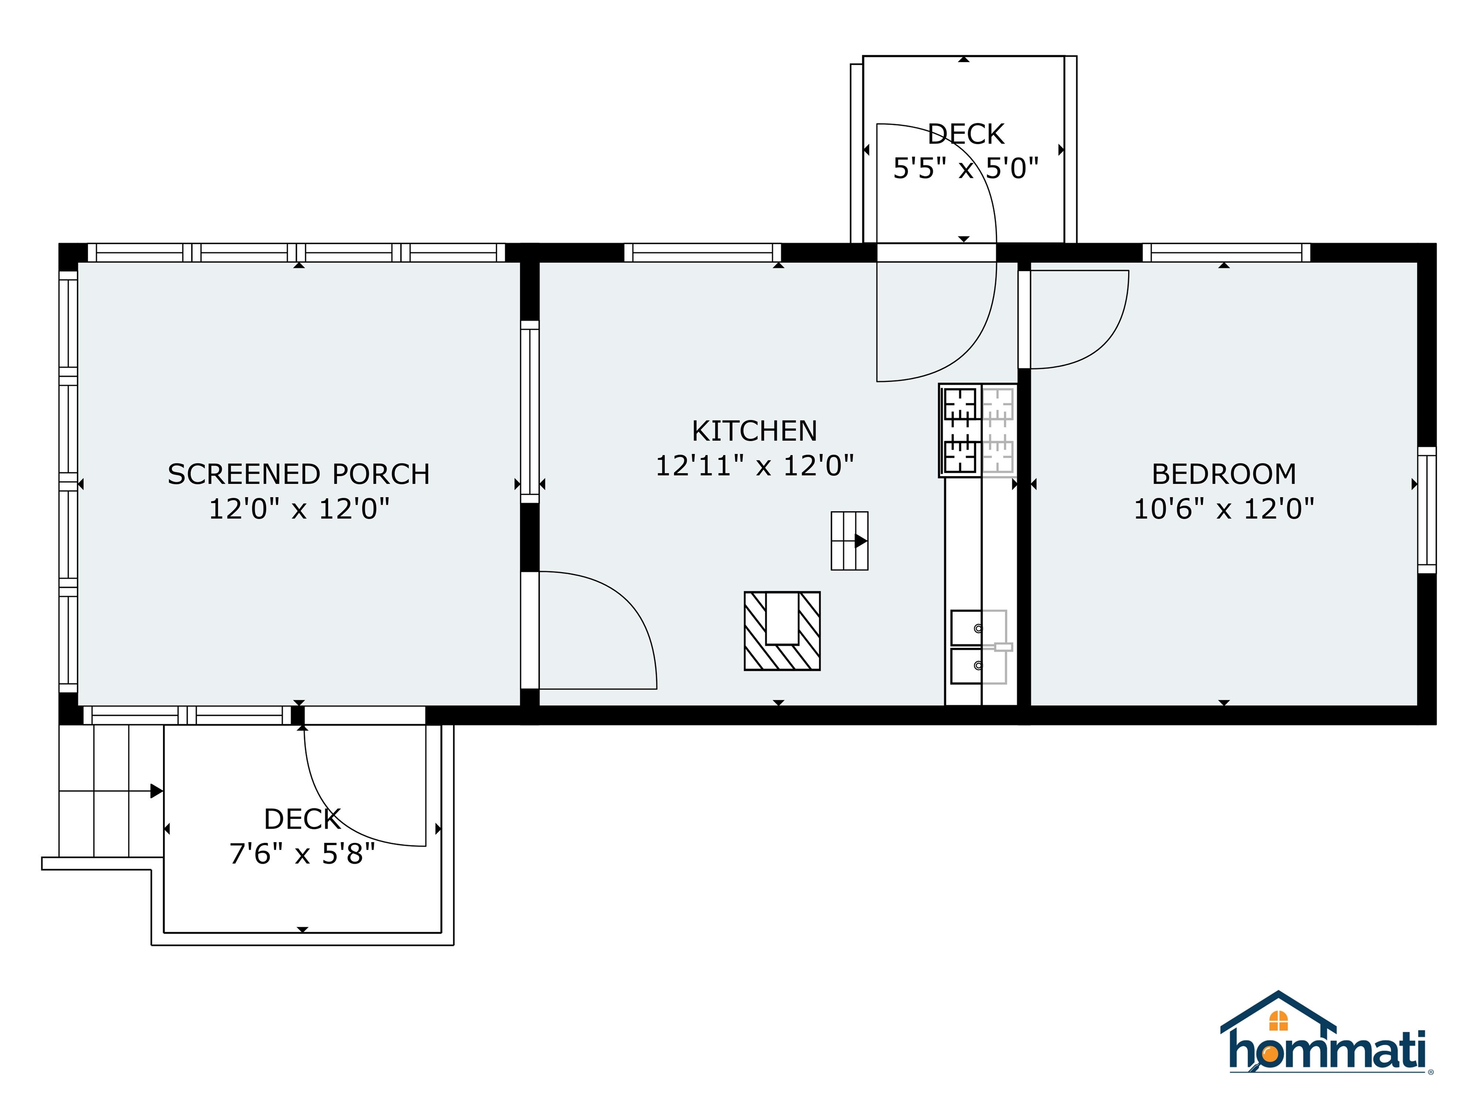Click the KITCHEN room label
(x=754, y=431)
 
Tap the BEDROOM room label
(x=1223, y=475)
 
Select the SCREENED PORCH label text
(x=299, y=475)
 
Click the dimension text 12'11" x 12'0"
(x=754, y=466)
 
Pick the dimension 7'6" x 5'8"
(x=302, y=854)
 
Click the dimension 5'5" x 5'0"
(x=966, y=169)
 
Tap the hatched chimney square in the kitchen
(x=782, y=631)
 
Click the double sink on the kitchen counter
(x=978, y=646)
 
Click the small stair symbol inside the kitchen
(x=849, y=541)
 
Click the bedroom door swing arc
(x=1103, y=334)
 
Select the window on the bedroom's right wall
(x=1427, y=510)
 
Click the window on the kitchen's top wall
(x=702, y=253)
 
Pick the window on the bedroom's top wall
(x=1225, y=253)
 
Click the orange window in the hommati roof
(x=1278, y=1020)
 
